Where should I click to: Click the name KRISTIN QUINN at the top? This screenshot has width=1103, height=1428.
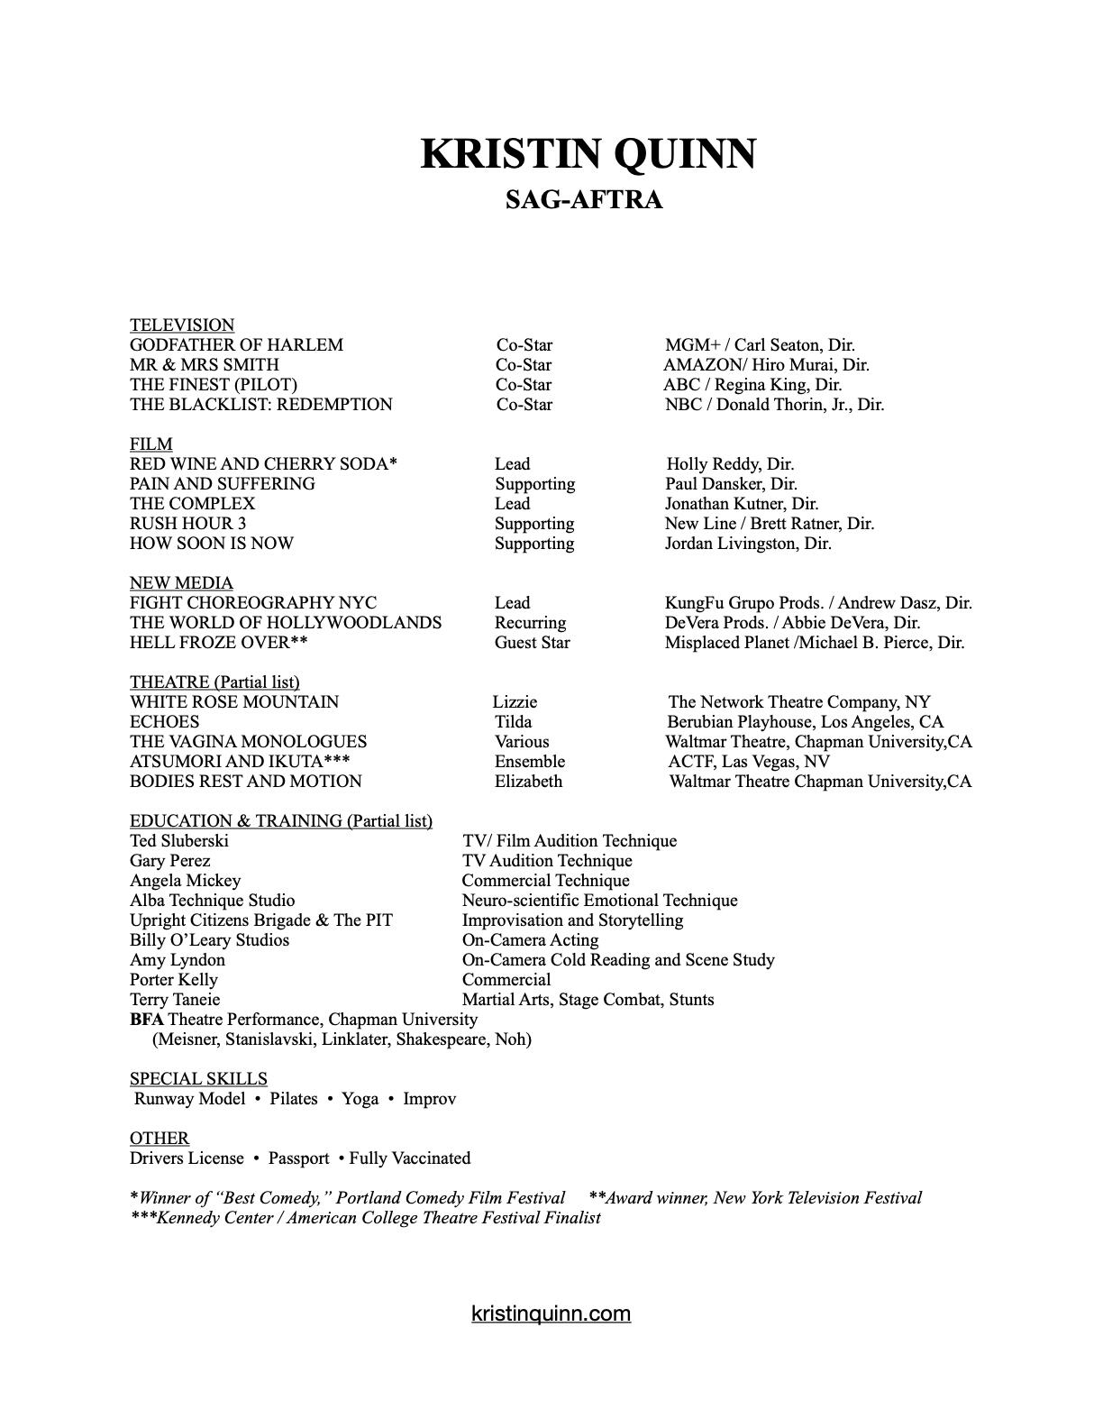coord(588,154)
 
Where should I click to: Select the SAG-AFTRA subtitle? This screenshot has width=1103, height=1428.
coord(584,199)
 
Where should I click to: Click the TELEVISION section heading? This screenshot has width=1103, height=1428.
coord(182,325)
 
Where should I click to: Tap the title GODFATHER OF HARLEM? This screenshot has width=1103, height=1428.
coord(236,345)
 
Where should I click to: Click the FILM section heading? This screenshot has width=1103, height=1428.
coord(151,444)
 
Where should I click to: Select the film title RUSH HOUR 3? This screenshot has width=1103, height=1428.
coord(187,524)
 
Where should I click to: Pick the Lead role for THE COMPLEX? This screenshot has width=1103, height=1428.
coord(512,504)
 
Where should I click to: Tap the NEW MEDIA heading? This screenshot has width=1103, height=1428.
coord(181,583)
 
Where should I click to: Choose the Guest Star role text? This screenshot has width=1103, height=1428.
coord(532,643)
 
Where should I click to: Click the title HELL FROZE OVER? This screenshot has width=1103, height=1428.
coord(210,643)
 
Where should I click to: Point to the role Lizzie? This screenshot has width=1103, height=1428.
coord(515,702)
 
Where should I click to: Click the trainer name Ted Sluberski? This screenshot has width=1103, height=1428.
coord(179,841)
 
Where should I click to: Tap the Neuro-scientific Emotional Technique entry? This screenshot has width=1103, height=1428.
coord(599,901)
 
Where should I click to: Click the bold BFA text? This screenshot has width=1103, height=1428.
coord(147,1020)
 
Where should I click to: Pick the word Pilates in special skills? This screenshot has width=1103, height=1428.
coord(294,1099)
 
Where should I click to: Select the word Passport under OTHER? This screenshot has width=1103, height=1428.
coord(298,1158)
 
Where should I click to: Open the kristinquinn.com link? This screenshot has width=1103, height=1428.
coord(551,1314)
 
